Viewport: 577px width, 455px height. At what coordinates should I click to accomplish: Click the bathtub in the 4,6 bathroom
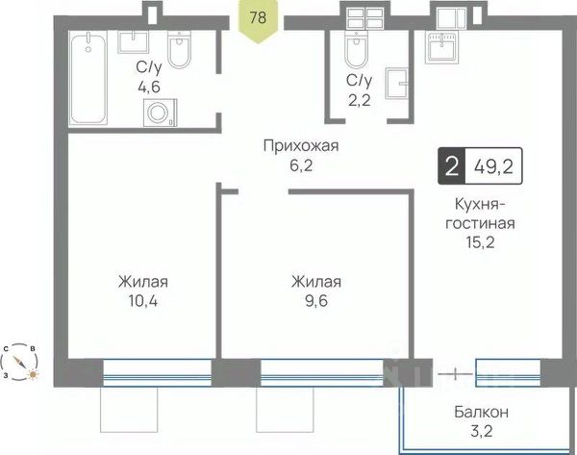tap(88, 78)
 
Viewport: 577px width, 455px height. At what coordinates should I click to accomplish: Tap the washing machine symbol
tap(160, 113)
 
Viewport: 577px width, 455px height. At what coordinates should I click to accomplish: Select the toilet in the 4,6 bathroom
tap(180, 49)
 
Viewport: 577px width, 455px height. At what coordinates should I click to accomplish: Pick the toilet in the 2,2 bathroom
tap(356, 49)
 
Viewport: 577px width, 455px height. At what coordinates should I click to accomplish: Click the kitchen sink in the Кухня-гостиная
tap(442, 47)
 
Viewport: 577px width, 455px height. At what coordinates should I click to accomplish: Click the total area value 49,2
tap(493, 167)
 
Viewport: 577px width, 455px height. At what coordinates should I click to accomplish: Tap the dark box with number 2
tap(452, 166)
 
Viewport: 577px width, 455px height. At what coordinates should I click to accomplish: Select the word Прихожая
tap(301, 146)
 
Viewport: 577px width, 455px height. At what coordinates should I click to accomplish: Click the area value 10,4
tap(143, 301)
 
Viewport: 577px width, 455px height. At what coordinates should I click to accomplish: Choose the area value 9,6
tap(316, 301)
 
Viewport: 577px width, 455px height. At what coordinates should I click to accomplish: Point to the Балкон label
tap(482, 412)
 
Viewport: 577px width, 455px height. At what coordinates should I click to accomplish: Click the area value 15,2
tap(480, 242)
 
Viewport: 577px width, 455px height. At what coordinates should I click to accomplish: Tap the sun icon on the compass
tap(33, 374)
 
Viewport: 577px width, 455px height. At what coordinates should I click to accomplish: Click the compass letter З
tap(6, 375)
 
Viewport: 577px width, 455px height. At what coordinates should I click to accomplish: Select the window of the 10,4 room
tap(157, 373)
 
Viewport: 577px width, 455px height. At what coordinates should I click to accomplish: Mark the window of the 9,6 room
tap(322, 373)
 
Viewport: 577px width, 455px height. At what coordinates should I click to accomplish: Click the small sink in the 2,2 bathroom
tap(396, 84)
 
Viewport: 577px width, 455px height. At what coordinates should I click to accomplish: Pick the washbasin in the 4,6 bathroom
tap(134, 42)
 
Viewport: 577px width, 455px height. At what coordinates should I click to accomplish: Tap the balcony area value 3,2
tap(482, 431)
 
